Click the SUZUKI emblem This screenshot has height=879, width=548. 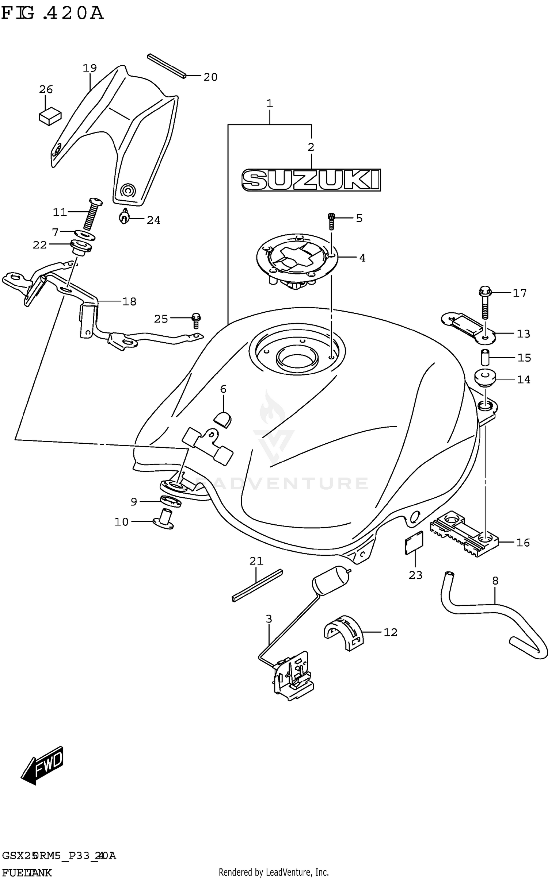click(x=311, y=180)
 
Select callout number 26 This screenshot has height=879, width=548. click(x=46, y=89)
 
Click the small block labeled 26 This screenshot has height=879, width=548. click(x=50, y=116)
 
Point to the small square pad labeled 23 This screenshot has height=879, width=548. click(x=414, y=543)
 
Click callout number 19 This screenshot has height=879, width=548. click(x=90, y=68)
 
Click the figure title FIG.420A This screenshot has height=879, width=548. click(x=52, y=14)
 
